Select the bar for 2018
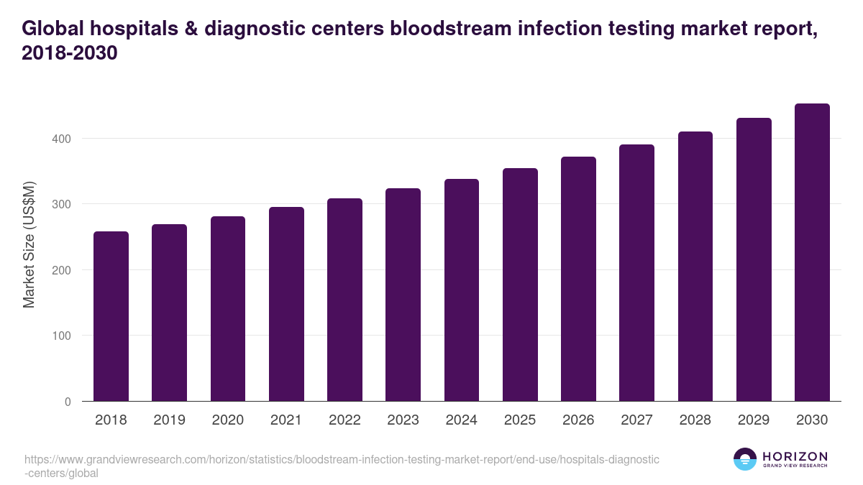(x=111, y=316)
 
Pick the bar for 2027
(x=636, y=272)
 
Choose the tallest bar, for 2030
(x=812, y=252)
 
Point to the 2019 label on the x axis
(x=169, y=420)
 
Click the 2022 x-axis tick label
(x=344, y=420)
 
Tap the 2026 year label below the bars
(x=578, y=420)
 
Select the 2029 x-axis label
(x=754, y=420)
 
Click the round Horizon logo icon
(x=744, y=459)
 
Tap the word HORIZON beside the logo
(x=795, y=456)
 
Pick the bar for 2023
(x=403, y=295)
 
